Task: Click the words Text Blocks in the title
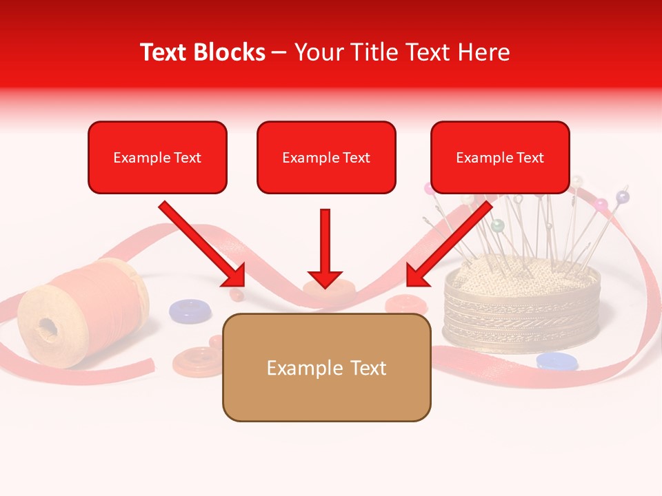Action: pos(202,52)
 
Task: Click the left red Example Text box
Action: pos(157,157)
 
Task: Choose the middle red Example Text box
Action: pos(326,157)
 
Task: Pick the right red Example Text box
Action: pos(500,157)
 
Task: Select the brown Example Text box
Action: pos(326,367)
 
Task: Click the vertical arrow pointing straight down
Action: pos(325,248)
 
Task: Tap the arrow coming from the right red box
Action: pos(448,245)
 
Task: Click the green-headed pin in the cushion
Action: pos(496,225)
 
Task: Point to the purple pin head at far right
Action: pos(622,198)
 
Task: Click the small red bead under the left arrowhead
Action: pos(237,295)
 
